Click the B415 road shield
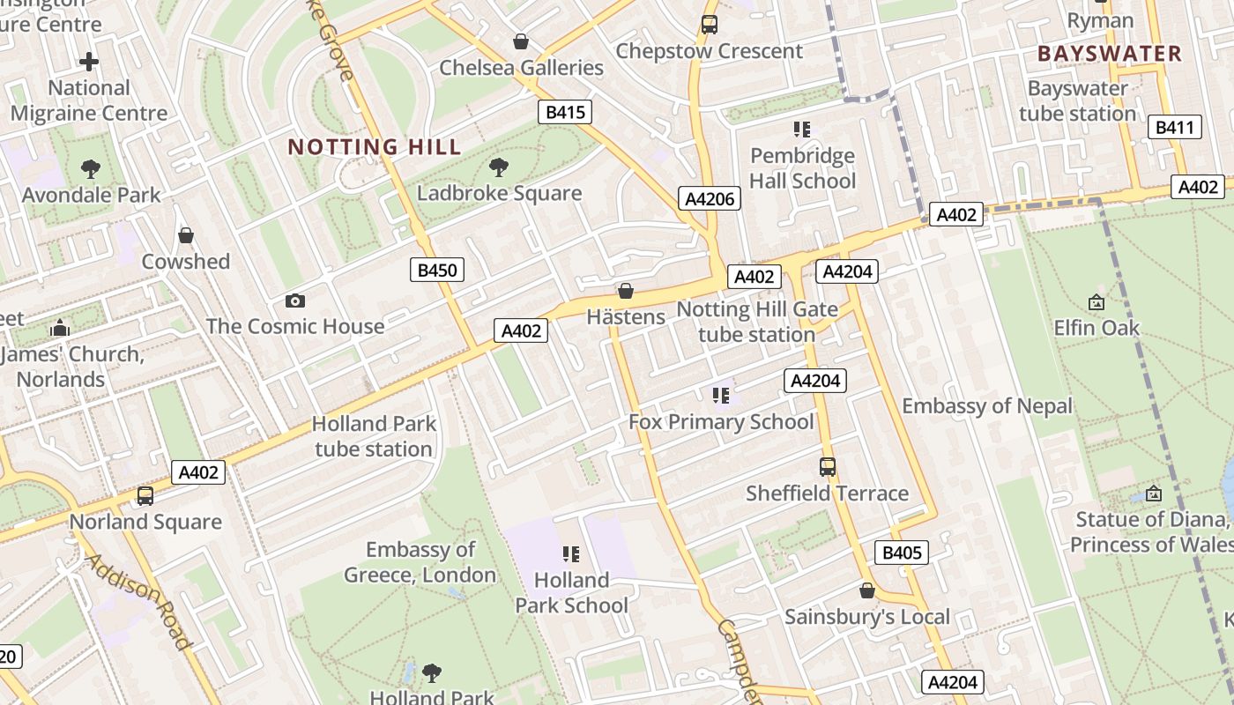[565, 112]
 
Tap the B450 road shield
[436, 270]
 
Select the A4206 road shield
[710, 198]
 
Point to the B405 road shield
[902, 553]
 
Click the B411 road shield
[1175, 128]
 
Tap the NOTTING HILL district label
[375, 147]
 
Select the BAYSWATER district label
[1109, 54]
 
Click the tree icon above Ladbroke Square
[499, 167]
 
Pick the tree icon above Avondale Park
[90, 169]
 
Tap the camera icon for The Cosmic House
[295, 301]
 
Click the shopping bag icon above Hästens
[626, 291]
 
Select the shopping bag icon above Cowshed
[186, 235]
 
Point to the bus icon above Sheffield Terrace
[827, 467]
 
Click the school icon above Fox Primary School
[721, 396]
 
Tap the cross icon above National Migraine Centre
[89, 62]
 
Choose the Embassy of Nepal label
[987, 406]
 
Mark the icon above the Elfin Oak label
[1096, 302]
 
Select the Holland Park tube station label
[374, 436]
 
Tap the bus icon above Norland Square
[145, 496]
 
